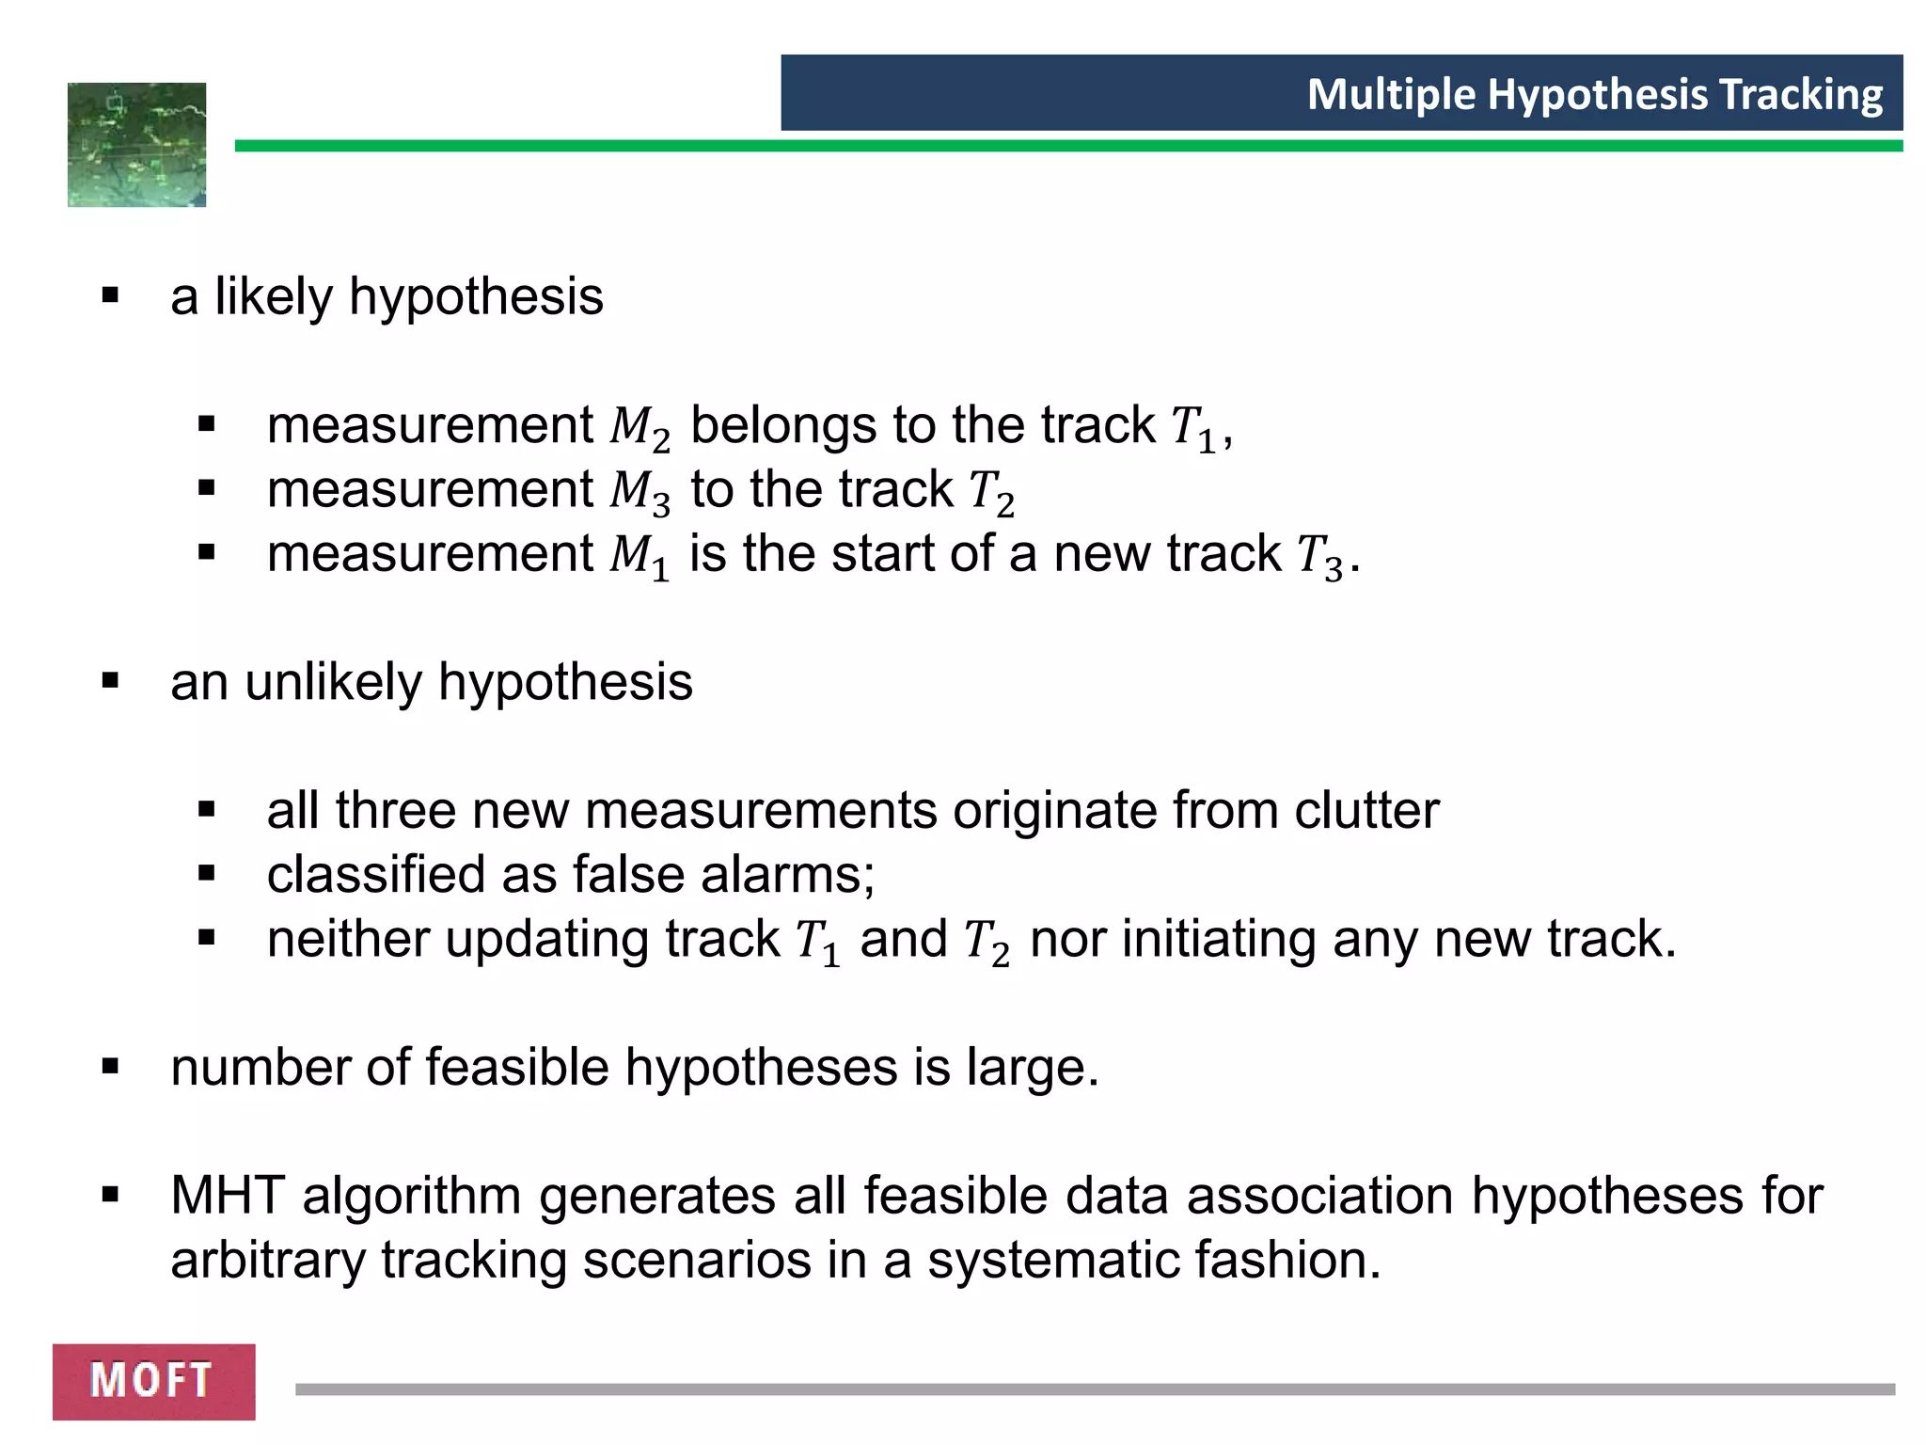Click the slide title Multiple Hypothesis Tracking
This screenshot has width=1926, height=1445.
click(x=1594, y=94)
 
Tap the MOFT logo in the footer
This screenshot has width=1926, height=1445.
click(x=153, y=1381)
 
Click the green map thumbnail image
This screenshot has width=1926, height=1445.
click(x=137, y=145)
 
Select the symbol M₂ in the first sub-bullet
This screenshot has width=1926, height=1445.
click(x=639, y=428)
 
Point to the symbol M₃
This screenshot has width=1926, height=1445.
click(x=639, y=492)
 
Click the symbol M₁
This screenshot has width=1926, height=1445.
click(x=639, y=556)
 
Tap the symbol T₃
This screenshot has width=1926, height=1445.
click(x=1320, y=557)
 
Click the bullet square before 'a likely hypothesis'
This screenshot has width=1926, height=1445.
click(x=111, y=296)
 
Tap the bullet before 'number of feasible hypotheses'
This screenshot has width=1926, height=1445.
click(x=111, y=1068)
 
